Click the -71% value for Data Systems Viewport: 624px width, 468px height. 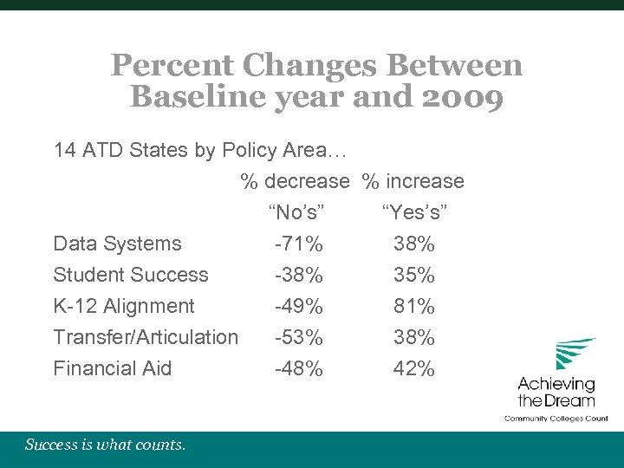click(x=298, y=244)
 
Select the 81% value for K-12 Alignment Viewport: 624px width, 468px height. click(x=414, y=307)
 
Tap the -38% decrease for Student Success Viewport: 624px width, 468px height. click(x=298, y=276)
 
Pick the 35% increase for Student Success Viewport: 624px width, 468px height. click(x=414, y=276)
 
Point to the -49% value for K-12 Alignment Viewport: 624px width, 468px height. click(x=298, y=307)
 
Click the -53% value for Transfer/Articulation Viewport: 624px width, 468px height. click(x=298, y=338)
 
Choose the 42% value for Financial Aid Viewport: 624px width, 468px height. click(x=414, y=369)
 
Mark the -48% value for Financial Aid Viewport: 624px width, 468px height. click(x=298, y=369)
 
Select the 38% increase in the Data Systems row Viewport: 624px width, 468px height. click(x=414, y=244)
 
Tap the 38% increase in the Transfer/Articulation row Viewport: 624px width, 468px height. click(x=414, y=338)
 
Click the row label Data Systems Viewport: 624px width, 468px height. click(x=117, y=244)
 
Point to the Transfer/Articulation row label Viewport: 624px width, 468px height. click(x=146, y=338)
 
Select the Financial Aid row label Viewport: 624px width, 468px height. click(x=113, y=369)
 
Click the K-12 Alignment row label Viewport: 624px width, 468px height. click(x=124, y=307)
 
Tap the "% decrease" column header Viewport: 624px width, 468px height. click(x=295, y=182)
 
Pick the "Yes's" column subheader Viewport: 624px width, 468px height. click(x=414, y=213)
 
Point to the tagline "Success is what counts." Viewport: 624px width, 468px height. click(x=105, y=445)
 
